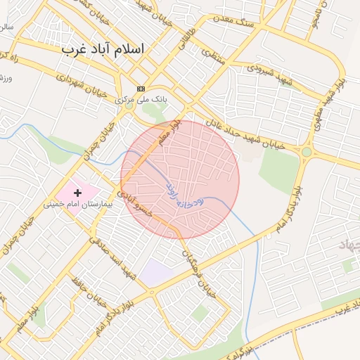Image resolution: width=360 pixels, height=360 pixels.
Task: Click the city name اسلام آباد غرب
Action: click(103, 49)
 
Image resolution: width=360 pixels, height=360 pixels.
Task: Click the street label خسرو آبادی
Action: click(131, 200)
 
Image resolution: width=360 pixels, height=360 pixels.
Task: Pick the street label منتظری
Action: click(214, 57)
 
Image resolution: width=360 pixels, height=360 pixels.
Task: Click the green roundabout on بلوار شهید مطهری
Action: click(307, 151)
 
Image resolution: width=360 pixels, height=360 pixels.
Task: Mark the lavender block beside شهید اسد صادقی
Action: click(156, 272)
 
